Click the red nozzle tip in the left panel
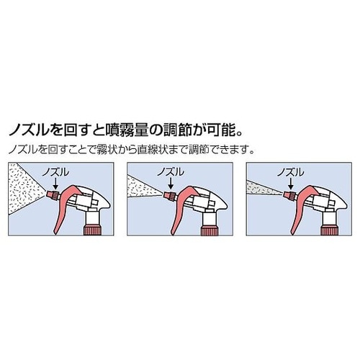tap(52, 194)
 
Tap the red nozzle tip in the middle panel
tap(170, 194)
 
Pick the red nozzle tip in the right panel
tap(289, 194)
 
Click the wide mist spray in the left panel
tap(25, 189)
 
